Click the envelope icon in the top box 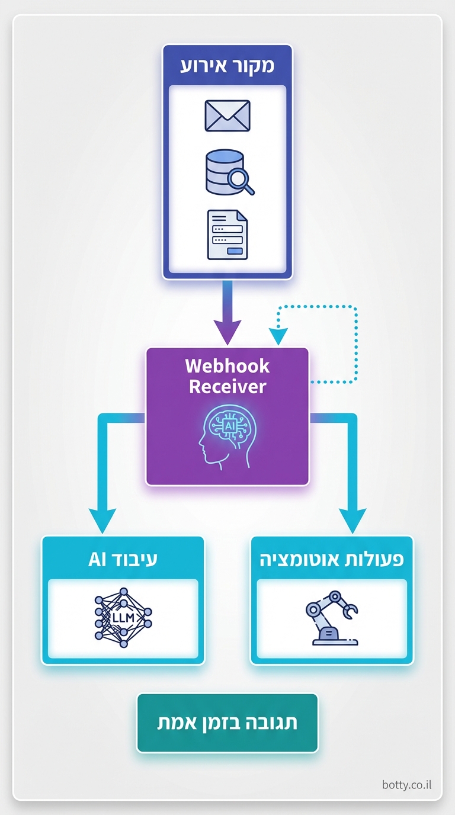pos(227,115)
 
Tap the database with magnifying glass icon pos(227,172)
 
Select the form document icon pos(227,235)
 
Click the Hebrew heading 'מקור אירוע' pos(227,65)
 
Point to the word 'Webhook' pos(227,366)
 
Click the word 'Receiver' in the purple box pos(227,387)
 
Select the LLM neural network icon pos(123,618)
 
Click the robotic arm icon pos(332,618)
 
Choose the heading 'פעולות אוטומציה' pos(332,559)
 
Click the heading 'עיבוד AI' pos(123,559)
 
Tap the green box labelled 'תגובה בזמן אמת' pos(227,723)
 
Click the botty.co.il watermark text pos(407,785)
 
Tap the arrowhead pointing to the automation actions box pos(354,521)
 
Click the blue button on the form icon pos(236,251)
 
